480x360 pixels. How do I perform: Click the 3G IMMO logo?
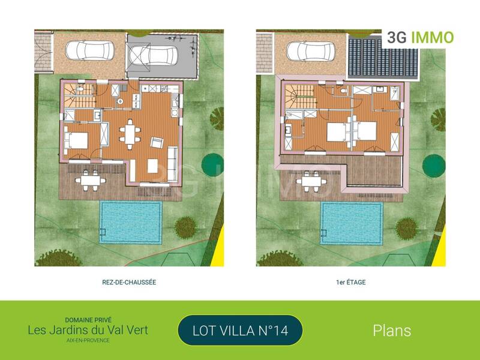pyautogui.click(x=420, y=37)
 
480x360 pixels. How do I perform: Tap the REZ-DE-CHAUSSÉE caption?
pyautogui.click(x=129, y=281)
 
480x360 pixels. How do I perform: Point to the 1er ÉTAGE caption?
pyautogui.click(x=351, y=281)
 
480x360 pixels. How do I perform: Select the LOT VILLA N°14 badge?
pyautogui.click(x=240, y=330)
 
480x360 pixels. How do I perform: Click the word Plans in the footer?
pyautogui.click(x=392, y=330)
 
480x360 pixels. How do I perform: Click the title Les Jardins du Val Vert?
pyautogui.click(x=88, y=329)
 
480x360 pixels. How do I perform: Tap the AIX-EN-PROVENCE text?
pyautogui.click(x=88, y=340)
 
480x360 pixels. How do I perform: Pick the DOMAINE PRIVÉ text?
pyautogui.click(x=88, y=320)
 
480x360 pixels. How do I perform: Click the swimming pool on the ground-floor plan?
pyautogui.click(x=131, y=222)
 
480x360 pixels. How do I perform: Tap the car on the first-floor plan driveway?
pyautogui.click(x=310, y=51)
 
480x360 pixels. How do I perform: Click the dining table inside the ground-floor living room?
pyautogui.click(x=130, y=133)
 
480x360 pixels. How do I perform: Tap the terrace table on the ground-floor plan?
pyautogui.click(x=88, y=179)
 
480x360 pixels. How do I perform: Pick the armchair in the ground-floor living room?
pyautogui.click(x=157, y=143)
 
